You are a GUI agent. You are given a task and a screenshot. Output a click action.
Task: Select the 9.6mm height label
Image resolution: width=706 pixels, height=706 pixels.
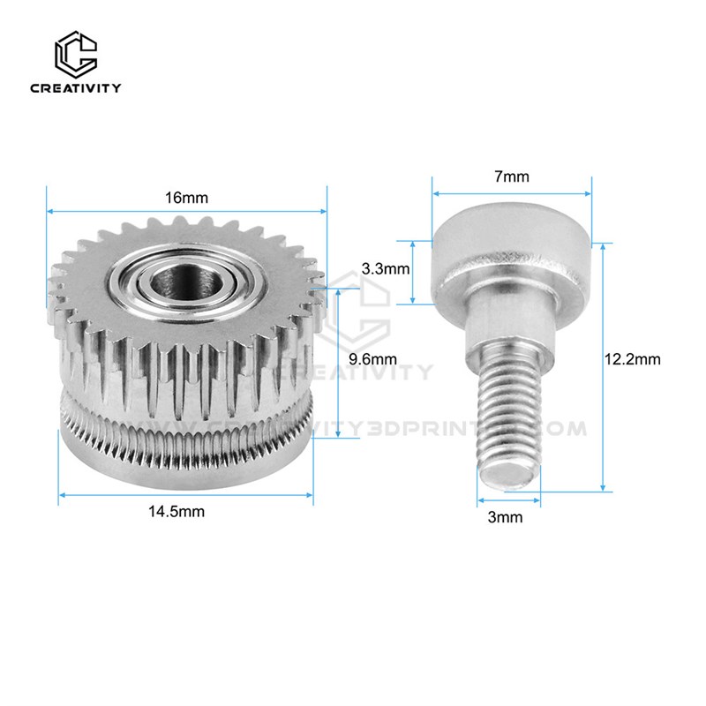[x=373, y=359]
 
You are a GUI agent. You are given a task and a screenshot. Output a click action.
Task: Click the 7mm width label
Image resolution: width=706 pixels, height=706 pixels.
[x=512, y=176]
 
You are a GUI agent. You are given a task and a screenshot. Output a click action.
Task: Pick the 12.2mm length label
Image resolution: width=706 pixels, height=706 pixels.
[x=633, y=359]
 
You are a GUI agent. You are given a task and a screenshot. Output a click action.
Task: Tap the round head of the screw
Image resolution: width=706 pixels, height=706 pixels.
[x=510, y=252]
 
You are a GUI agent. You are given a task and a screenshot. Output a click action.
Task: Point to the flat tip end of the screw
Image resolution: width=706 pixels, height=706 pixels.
[x=508, y=477]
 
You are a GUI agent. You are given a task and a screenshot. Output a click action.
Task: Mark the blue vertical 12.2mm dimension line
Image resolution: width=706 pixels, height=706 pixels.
[x=603, y=366]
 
